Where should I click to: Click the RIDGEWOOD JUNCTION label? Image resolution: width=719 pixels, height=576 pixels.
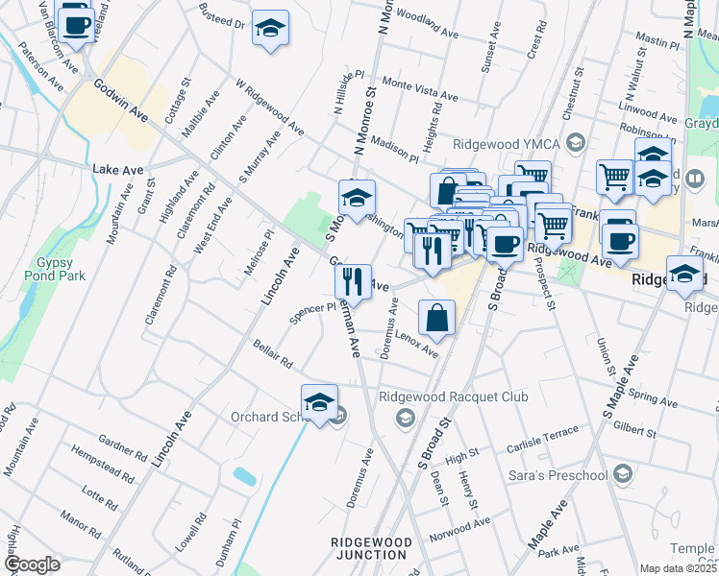coord(371,548)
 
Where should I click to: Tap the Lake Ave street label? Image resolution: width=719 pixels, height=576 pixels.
coord(117,170)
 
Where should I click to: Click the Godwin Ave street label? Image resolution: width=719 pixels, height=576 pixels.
coord(121,100)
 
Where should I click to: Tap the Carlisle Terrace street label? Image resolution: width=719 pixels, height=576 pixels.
coord(542,434)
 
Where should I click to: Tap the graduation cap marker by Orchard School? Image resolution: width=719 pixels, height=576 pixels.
coord(320,401)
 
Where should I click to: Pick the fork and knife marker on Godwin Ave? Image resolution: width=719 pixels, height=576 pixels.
coord(353,279)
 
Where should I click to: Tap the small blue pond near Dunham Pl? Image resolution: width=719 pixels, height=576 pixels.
coord(244,475)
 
